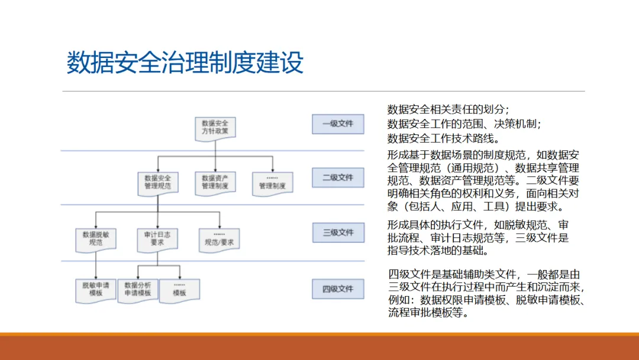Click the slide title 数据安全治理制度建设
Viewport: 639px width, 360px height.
185,63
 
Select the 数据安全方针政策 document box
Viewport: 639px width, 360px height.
215,127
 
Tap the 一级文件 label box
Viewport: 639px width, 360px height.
338,124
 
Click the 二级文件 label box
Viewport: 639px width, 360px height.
338,177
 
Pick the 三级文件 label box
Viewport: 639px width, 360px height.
338,232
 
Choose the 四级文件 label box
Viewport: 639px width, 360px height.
338,289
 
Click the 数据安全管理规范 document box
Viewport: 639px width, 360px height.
157,182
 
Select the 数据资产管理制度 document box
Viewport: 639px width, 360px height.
215,182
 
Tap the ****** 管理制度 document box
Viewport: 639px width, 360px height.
272,182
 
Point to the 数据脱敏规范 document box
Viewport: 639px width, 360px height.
95,238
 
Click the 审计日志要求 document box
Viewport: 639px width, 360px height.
157,238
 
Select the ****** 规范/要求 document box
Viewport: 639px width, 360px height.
219,238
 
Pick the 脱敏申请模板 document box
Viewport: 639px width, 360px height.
95,289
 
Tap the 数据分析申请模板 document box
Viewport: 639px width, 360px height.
138,289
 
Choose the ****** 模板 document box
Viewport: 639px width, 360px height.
179,289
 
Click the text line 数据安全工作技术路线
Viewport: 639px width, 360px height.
443,139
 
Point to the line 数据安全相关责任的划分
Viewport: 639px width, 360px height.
448,110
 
